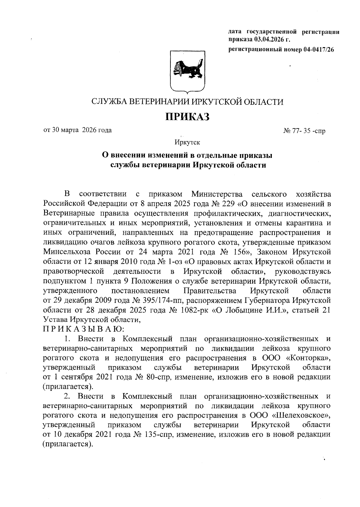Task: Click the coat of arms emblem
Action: (187, 72)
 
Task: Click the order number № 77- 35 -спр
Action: (304, 131)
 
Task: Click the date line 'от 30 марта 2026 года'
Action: (78, 130)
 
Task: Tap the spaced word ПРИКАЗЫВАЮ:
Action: (82, 329)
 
